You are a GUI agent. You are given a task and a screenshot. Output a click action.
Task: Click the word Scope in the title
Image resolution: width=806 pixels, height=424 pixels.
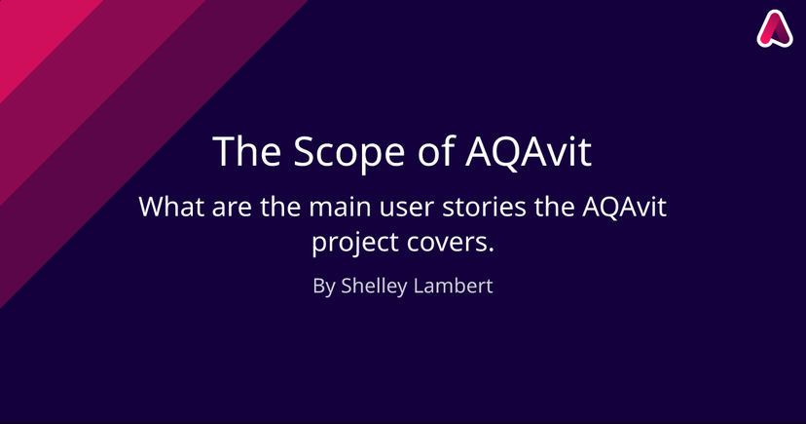click(349, 153)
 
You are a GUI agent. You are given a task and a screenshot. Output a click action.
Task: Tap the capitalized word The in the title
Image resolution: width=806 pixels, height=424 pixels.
click(246, 151)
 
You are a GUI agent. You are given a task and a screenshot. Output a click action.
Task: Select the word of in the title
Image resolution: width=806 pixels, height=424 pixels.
click(436, 151)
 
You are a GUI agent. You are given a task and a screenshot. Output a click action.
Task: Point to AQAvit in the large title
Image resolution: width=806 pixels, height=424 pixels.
click(529, 152)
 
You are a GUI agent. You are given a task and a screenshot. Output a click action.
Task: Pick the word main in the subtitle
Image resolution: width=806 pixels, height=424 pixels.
click(340, 207)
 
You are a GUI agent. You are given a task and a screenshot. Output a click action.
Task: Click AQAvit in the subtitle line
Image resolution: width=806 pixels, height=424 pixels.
click(625, 208)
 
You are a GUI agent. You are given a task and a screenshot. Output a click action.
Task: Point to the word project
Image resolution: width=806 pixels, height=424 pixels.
click(355, 243)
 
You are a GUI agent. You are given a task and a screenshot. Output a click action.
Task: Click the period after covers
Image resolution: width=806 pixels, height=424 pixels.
click(490, 251)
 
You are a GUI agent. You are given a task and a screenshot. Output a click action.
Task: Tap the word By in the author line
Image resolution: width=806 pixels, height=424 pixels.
click(324, 287)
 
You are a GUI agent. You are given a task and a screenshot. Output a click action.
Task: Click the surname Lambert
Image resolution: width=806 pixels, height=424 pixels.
click(453, 286)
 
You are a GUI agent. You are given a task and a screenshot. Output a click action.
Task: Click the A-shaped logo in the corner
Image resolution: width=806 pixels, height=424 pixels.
click(775, 29)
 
